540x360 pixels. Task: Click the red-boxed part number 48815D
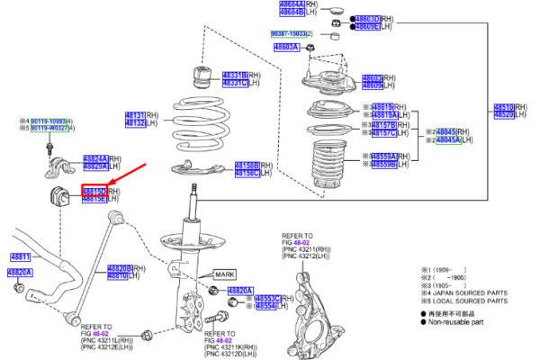(x=94, y=191)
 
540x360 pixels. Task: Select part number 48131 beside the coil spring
(x=133, y=116)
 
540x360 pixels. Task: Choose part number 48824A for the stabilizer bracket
(x=95, y=158)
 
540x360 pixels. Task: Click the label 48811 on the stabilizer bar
(x=21, y=256)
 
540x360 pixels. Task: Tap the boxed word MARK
(x=225, y=273)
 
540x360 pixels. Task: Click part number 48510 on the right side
(x=505, y=106)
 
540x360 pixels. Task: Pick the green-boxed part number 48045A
(x=447, y=140)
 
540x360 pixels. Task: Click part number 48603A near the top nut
(x=286, y=46)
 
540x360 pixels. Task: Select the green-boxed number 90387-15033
(x=291, y=33)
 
